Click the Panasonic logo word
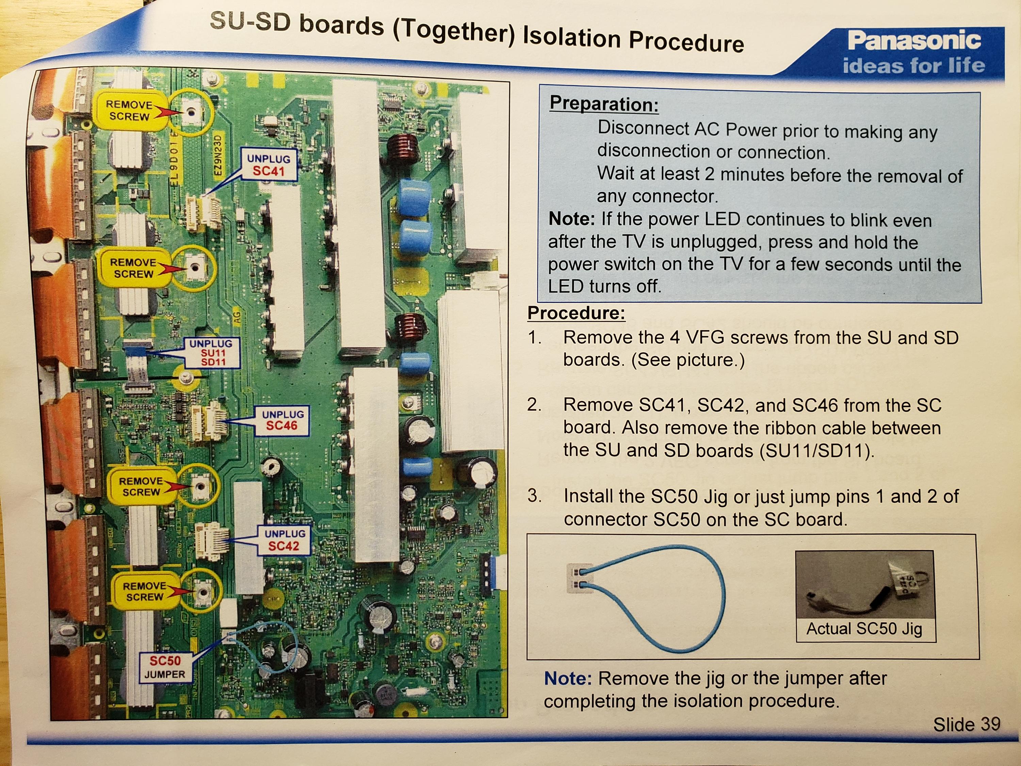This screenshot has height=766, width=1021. [x=913, y=41]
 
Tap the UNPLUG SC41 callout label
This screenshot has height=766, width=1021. [x=269, y=165]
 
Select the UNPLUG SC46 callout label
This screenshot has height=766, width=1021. [x=282, y=420]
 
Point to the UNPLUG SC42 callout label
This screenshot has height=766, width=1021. [x=284, y=540]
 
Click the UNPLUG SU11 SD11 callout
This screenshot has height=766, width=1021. [x=212, y=353]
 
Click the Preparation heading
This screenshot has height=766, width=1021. [x=604, y=103]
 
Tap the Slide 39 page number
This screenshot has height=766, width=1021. [x=966, y=724]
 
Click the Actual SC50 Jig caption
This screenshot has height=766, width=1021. [x=864, y=629]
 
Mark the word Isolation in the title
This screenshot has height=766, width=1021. [x=572, y=37]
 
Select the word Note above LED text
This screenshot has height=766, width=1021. [x=571, y=219]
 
